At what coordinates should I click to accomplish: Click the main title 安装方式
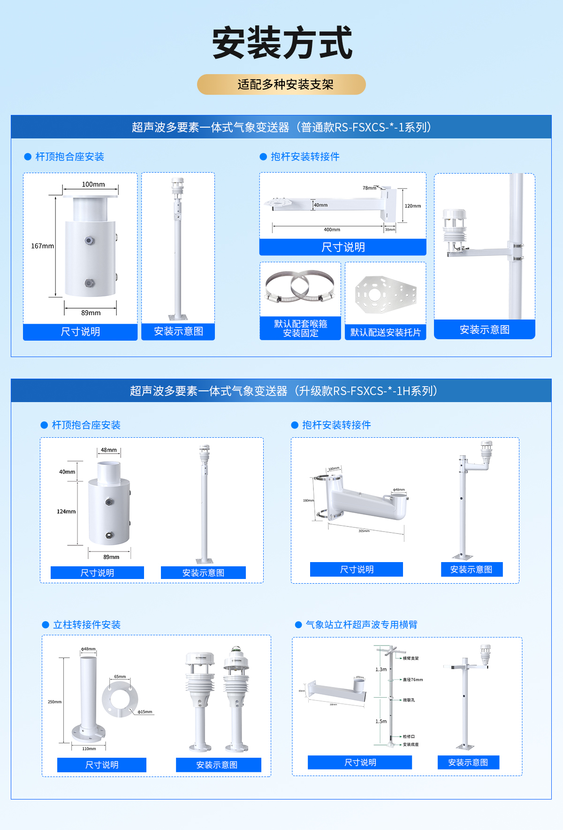click(x=282, y=43)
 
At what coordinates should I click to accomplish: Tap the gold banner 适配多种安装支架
click(x=281, y=84)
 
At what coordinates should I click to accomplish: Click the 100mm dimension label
click(x=93, y=184)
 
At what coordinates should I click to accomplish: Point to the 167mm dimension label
click(x=42, y=246)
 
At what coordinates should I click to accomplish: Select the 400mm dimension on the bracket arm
click(x=332, y=229)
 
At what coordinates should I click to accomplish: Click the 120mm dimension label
click(x=412, y=206)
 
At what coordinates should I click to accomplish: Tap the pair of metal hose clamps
click(x=300, y=286)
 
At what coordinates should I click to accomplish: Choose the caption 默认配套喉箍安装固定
click(x=300, y=328)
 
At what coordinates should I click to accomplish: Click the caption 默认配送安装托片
click(x=385, y=332)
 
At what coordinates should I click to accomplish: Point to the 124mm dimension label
click(x=66, y=511)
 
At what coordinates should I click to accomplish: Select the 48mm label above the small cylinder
click(x=109, y=450)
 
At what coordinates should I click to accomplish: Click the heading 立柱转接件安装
click(x=87, y=624)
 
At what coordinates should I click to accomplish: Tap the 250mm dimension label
click(x=54, y=702)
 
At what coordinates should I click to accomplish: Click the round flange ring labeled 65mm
click(x=120, y=700)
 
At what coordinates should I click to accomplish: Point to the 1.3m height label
click(x=381, y=670)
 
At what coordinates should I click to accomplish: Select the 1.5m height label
click(x=381, y=721)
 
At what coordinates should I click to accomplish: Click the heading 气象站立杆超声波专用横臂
click(x=361, y=624)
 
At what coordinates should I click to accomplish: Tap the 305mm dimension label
click(x=364, y=531)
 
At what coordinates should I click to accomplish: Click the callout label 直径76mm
click(x=413, y=679)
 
